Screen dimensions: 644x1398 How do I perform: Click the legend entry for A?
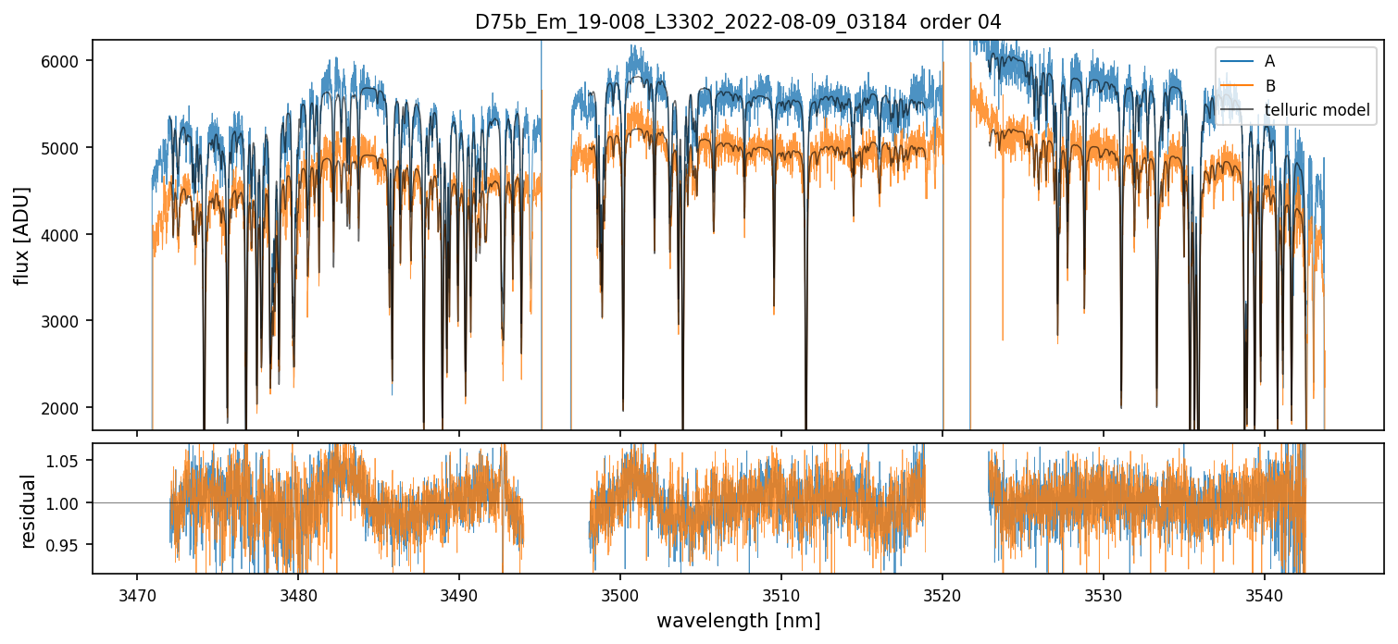[1269, 61]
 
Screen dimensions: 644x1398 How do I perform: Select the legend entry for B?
[1269, 86]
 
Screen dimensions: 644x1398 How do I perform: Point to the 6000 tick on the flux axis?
[65, 61]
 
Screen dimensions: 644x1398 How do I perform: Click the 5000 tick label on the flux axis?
[65, 148]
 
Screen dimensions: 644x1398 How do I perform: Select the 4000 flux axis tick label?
[65, 235]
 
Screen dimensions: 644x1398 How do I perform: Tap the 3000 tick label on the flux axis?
[65, 321]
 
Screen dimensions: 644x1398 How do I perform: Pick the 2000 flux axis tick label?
[65, 408]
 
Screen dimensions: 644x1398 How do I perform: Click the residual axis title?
[28, 511]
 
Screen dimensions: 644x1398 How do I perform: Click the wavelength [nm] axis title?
[738, 621]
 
